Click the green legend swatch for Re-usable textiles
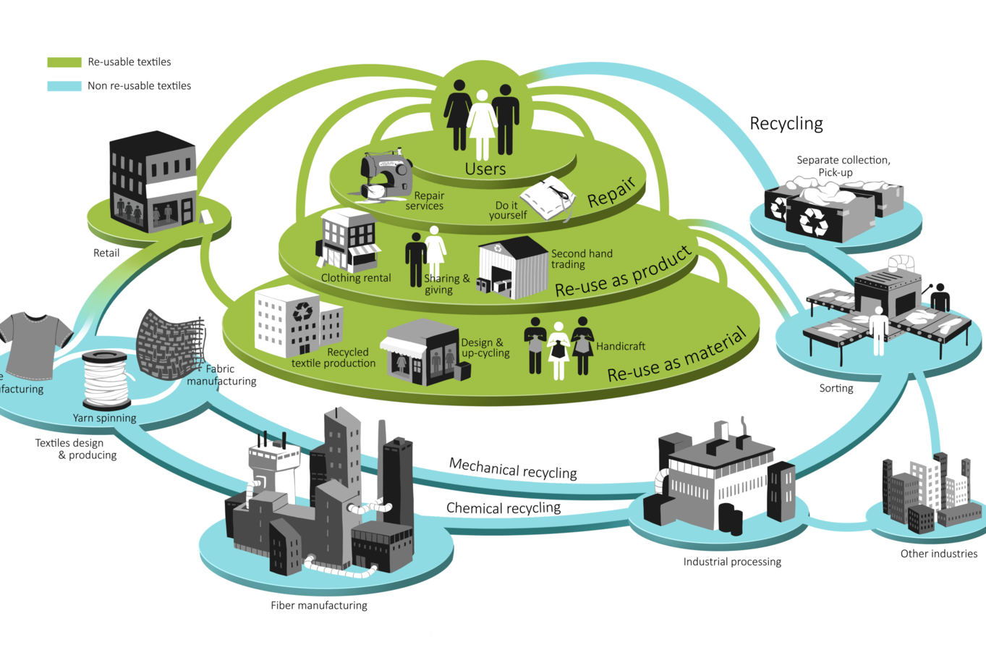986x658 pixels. tap(64, 62)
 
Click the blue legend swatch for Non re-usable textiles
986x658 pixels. tap(64, 86)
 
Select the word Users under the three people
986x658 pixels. tap(485, 169)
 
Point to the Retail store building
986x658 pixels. tap(153, 182)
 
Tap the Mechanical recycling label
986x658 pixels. tap(513, 468)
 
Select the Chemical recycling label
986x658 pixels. tap(503, 508)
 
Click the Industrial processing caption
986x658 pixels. tap(732, 562)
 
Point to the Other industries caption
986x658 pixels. tap(938, 554)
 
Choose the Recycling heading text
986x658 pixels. tap(786, 124)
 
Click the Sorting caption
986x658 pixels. tap(836, 389)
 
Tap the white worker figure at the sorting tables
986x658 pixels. tap(879, 330)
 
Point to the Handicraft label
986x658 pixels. tap(621, 347)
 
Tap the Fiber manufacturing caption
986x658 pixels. tap(319, 606)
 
